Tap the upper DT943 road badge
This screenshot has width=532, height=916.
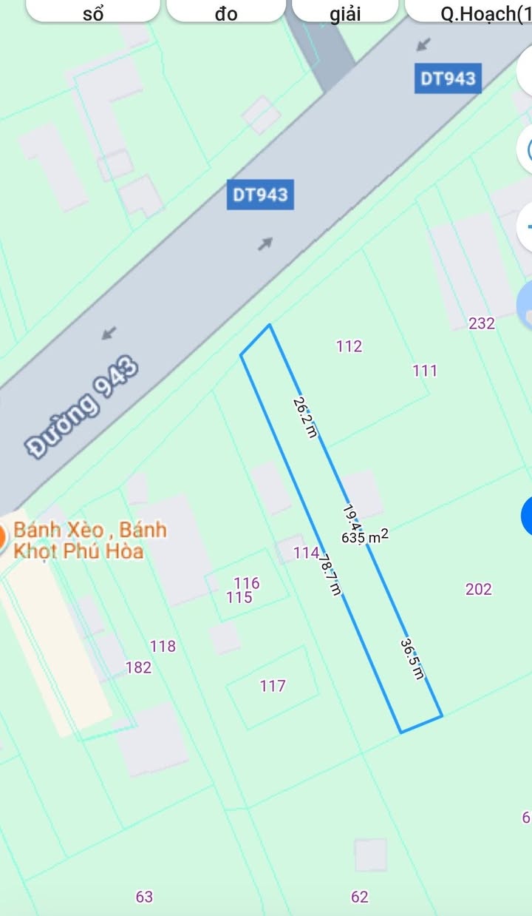[x=448, y=78]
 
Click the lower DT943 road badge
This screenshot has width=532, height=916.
[x=260, y=195]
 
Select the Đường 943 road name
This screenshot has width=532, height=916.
[x=83, y=406]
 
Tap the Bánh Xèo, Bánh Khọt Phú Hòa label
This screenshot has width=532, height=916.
[x=89, y=540]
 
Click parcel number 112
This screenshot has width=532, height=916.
[x=349, y=346]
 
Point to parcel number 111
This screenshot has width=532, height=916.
[x=425, y=371]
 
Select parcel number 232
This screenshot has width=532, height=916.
[x=482, y=323]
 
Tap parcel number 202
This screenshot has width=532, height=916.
[x=479, y=589]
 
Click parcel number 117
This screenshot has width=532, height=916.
[x=273, y=686]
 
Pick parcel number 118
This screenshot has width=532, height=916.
[x=163, y=646]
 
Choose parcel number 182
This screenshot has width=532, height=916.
[x=138, y=667]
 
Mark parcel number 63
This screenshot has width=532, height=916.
[x=144, y=897]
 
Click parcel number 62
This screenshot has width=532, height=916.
[x=360, y=897]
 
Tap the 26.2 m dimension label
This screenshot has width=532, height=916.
[x=304, y=417]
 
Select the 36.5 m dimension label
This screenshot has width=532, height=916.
[x=413, y=659]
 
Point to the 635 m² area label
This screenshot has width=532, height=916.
[x=365, y=537]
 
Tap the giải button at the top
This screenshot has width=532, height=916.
[x=345, y=13]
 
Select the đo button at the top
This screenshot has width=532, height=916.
[x=227, y=13]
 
